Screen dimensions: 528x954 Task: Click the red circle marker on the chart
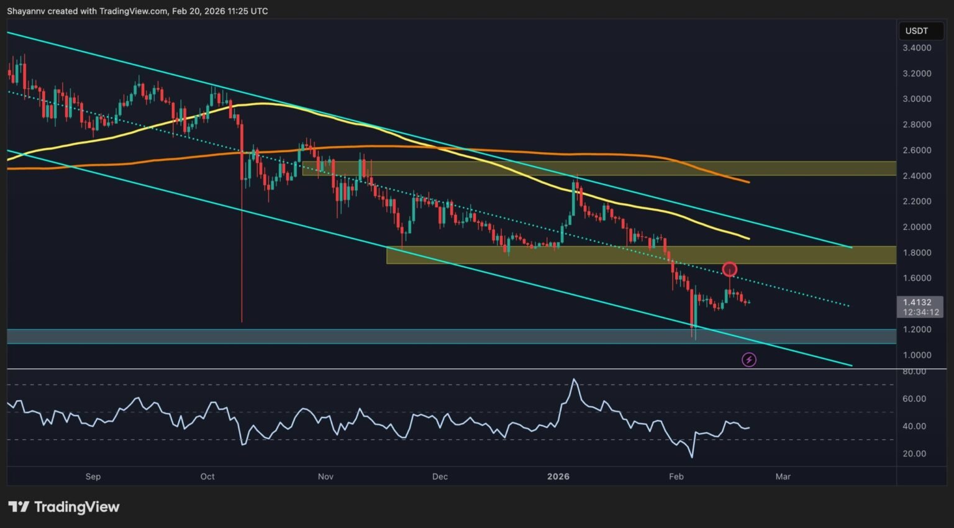click(x=730, y=269)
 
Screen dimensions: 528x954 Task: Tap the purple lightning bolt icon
click(x=749, y=360)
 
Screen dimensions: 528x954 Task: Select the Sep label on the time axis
click(x=93, y=476)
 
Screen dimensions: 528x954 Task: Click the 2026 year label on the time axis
click(x=558, y=476)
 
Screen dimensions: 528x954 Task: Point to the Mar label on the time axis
click(x=783, y=476)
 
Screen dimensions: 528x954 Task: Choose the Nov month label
click(x=325, y=476)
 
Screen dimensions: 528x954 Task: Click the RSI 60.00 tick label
click(x=914, y=399)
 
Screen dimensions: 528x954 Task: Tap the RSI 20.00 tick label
click(x=914, y=453)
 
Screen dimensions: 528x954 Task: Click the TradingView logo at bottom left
click(x=64, y=507)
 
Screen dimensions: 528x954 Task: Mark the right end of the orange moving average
click(x=748, y=182)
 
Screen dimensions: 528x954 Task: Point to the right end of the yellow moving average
click(x=748, y=239)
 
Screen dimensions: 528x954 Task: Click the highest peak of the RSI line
click(x=574, y=380)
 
